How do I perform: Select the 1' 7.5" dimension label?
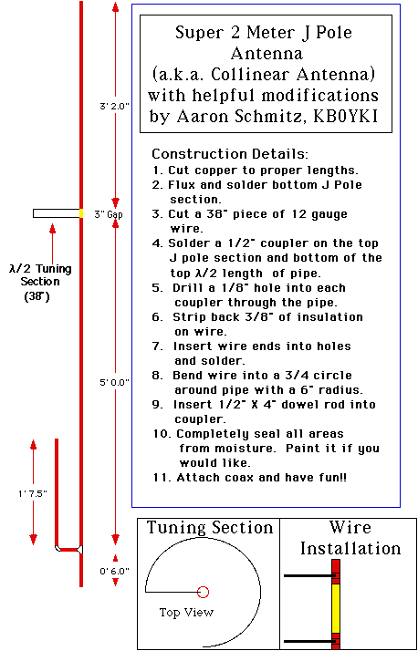click(33, 493)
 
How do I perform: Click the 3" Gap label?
click(109, 214)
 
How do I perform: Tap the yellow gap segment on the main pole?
click(81, 213)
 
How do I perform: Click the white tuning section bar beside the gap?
click(56, 213)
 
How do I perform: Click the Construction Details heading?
click(230, 154)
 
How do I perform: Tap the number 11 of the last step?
click(160, 478)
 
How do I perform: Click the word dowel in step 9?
click(296, 405)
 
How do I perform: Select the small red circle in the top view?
click(203, 592)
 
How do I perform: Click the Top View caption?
click(186, 612)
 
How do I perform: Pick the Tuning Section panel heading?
click(210, 528)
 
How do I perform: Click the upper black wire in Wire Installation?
click(310, 576)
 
